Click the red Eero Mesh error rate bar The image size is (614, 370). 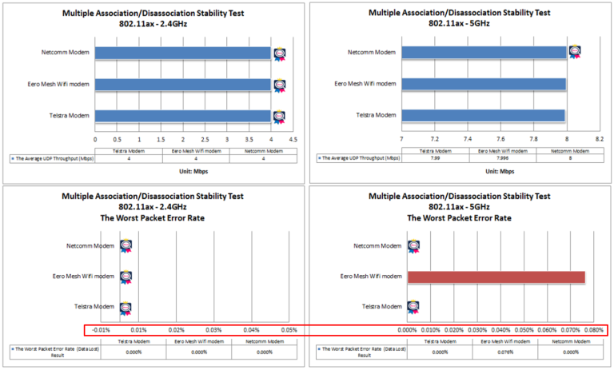(496, 277)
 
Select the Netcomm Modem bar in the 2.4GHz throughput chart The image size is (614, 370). (183, 54)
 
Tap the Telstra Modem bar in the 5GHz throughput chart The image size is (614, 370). (483, 115)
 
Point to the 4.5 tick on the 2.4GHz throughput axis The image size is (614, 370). (293, 139)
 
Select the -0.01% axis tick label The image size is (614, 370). (101, 330)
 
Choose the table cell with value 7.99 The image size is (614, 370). (440, 158)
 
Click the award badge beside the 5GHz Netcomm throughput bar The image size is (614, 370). (575, 52)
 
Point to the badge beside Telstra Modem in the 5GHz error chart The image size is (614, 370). (413, 306)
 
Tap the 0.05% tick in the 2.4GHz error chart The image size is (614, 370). (289, 330)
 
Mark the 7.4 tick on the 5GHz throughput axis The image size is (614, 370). (468, 139)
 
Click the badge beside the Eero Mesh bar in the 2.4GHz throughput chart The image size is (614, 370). (279, 85)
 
